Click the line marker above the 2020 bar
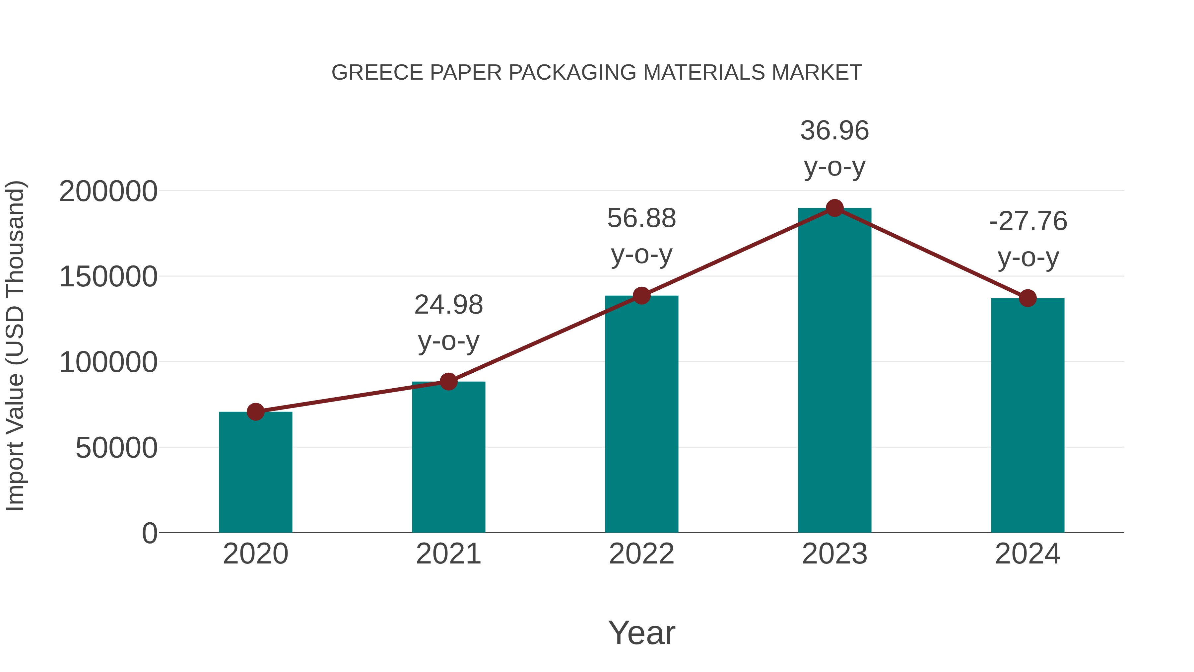[255, 411]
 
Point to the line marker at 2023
[834, 208]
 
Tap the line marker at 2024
[1028, 298]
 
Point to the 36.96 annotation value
[834, 131]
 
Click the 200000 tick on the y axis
[108, 191]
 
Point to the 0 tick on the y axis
[149, 533]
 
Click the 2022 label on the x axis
[641, 554]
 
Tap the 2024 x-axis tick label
[1028, 554]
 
